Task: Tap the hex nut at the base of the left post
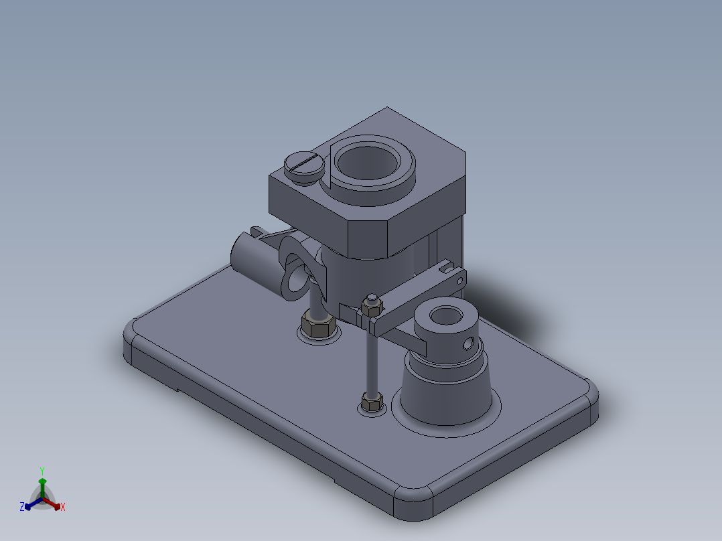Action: click(x=317, y=326)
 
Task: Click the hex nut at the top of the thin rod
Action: click(x=371, y=305)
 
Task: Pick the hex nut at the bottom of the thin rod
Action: click(x=371, y=402)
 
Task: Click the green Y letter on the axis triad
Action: click(x=42, y=470)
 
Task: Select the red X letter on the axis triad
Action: click(x=62, y=508)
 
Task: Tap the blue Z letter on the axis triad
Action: click(x=22, y=508)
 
